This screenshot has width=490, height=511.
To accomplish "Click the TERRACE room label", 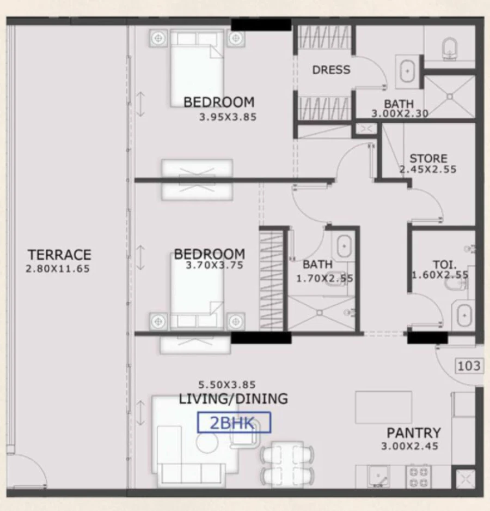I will coord(59,255).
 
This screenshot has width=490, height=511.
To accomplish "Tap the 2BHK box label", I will coord(234,423).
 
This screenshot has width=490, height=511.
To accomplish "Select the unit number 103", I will coord(468,365).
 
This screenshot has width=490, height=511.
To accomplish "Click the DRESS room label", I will coord(331,70).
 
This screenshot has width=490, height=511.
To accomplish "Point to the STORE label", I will coord(428,159).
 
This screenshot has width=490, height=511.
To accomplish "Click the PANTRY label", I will coord(413,433).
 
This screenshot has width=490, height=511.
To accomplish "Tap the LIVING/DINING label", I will coord(233,399).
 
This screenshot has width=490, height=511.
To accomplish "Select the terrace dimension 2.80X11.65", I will coord(57,268).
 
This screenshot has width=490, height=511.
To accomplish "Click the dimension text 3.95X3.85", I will coord(228,117).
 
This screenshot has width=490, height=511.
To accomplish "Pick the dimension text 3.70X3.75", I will coord(214,266).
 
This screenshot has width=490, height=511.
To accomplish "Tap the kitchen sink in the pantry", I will coord(377,477).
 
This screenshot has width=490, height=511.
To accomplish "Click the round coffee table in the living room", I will coord(207,443).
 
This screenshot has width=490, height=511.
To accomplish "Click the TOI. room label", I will coord(440,262).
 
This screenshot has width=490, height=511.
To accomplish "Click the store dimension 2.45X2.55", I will coord(428,170).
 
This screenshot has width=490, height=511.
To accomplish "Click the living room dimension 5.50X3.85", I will coord(228,385).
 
